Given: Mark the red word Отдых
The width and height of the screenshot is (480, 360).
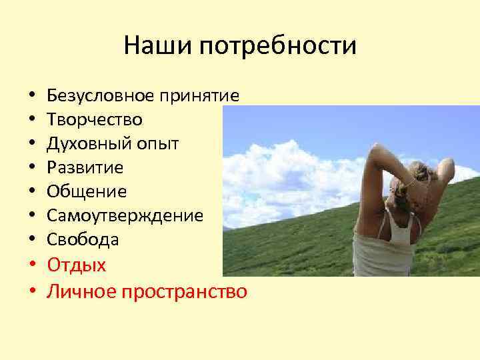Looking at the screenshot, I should point(77,265).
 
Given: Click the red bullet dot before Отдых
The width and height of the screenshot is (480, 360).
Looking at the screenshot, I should point(32,265).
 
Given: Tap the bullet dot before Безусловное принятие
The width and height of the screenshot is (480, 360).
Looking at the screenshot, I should point(32,97).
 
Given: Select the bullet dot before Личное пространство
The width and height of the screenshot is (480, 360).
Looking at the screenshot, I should point(32,292).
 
